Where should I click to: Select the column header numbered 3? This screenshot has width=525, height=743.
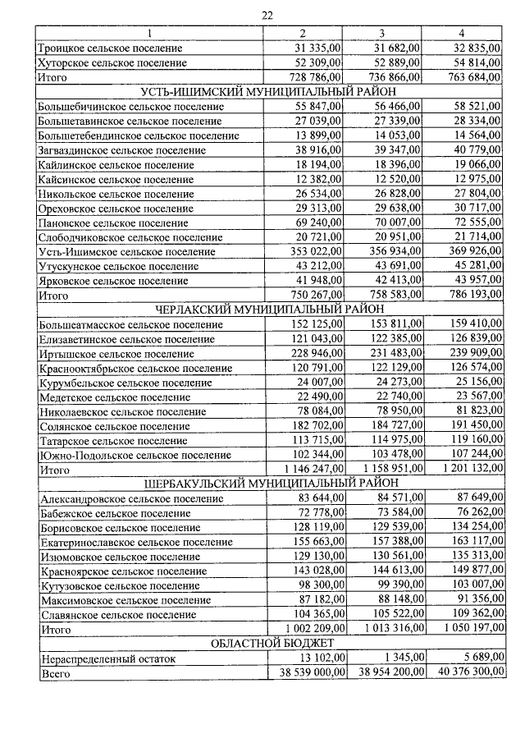(382, 33)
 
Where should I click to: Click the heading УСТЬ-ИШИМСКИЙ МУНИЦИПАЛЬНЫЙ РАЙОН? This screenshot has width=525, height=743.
(268, 91)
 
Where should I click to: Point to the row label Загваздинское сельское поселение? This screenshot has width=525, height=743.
(119, 150)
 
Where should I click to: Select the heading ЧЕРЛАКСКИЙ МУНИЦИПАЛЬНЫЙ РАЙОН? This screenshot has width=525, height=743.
(268, 310)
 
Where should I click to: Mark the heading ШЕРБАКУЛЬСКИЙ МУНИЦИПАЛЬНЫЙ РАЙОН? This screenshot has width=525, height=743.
(268, 484)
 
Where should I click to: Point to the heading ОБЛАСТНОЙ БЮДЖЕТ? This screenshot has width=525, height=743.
(268, 644)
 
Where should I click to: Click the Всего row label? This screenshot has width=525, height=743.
(54, 674)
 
